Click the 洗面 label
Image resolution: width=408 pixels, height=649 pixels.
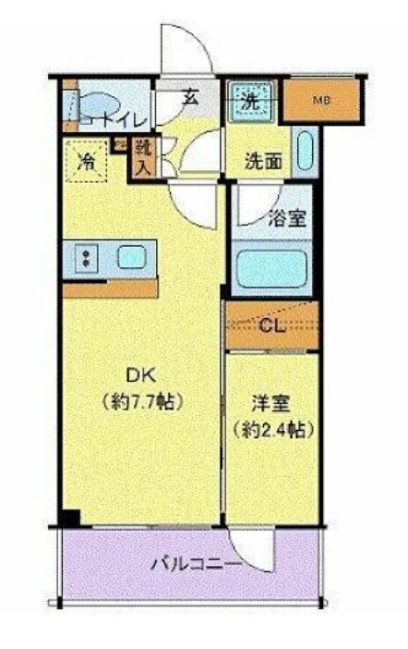click(x=263, y=159)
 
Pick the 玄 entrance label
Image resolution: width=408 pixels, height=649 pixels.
click(x=189, y=96)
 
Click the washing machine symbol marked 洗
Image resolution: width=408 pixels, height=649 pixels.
click(x=250, y=103)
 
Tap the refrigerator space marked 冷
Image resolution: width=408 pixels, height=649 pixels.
click(x=86, y=158)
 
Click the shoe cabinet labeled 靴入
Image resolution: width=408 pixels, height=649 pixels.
click(x=143, y=157)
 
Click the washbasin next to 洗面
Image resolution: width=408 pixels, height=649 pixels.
click(x=306, y=149)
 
